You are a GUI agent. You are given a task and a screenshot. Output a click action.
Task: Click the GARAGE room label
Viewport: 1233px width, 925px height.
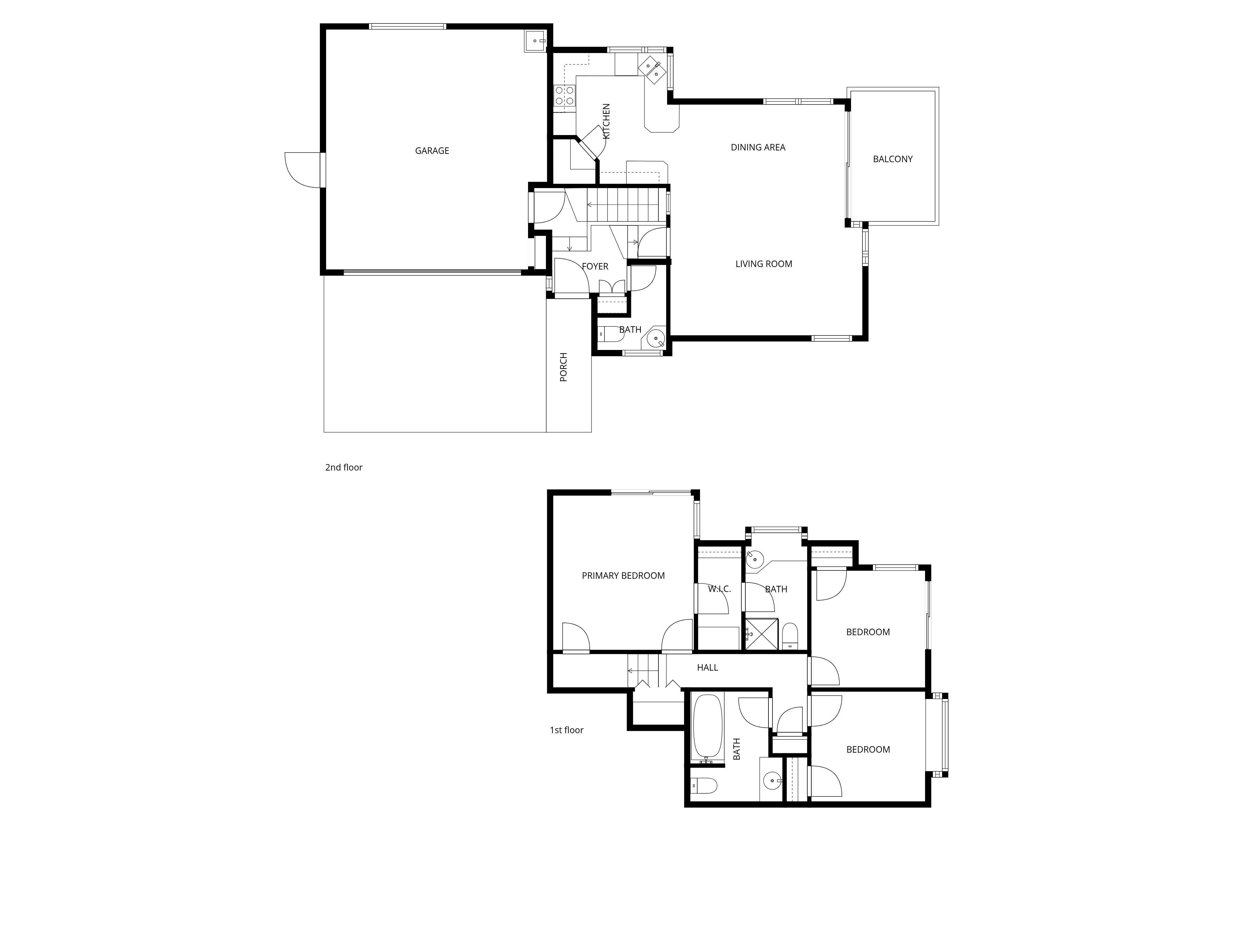pos(432,150)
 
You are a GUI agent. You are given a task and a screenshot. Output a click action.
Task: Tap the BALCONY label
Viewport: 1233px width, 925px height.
pos(892,159)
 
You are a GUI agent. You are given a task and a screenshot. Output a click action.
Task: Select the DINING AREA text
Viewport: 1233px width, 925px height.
pos(758,147)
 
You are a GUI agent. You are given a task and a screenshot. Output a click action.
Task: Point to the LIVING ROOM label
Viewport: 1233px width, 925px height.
pos(763,264)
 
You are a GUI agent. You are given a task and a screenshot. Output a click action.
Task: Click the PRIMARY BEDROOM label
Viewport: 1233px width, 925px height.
pos(623,575)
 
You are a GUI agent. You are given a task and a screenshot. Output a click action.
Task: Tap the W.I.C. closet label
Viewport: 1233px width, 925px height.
pos(719,589)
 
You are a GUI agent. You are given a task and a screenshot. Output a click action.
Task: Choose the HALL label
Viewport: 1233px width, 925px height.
pos(707,668)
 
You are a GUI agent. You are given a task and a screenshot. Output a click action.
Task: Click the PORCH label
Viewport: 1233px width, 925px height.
pos(563,367)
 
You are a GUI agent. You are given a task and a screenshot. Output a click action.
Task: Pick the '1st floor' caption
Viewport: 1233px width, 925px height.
pos(566,730)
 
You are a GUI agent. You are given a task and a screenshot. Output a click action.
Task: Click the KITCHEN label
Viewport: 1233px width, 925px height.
pos(606,121)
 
